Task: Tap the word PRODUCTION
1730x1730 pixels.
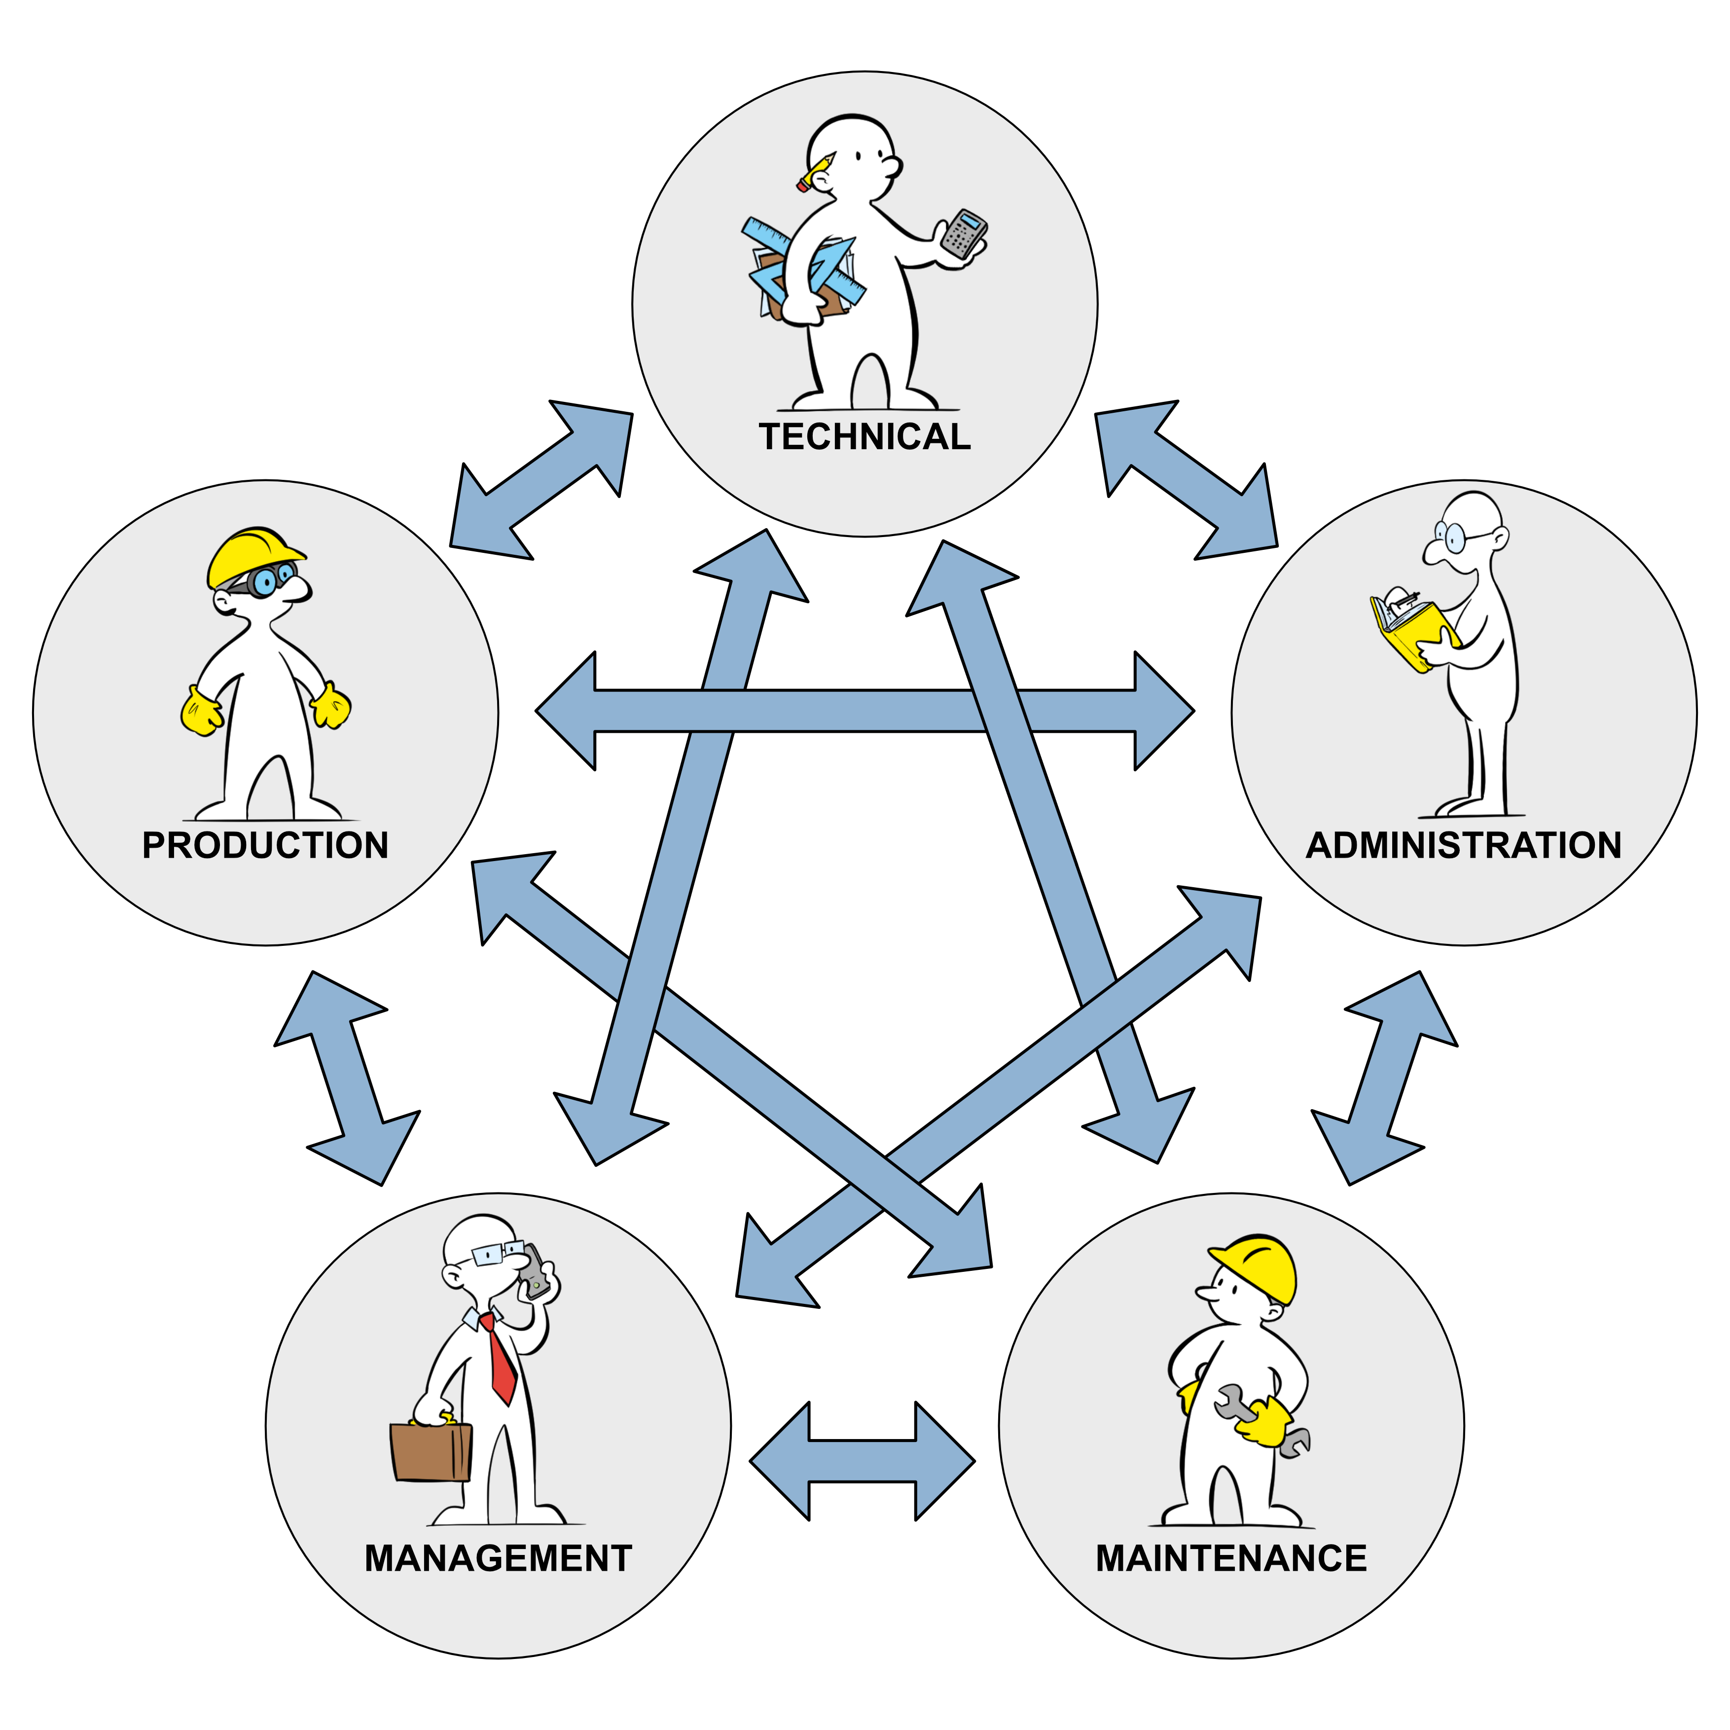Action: tap(265, 845)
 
